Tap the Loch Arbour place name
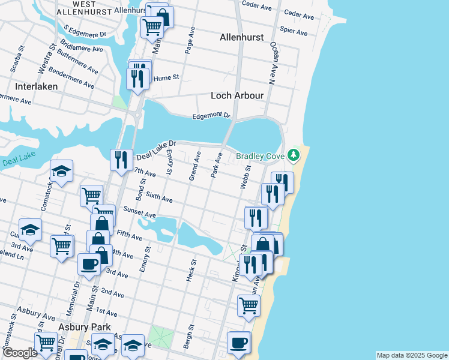[237, 95]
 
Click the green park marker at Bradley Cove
[294, 155]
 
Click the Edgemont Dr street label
[211, 116]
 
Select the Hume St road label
[166, 77]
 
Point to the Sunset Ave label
[139, 213]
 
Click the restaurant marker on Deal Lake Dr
[122, 159]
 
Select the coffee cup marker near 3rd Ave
[89, 264]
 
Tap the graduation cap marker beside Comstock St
[61, 171]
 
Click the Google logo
[20, 353]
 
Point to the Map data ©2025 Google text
[411, 355]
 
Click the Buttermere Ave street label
[77, 60]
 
